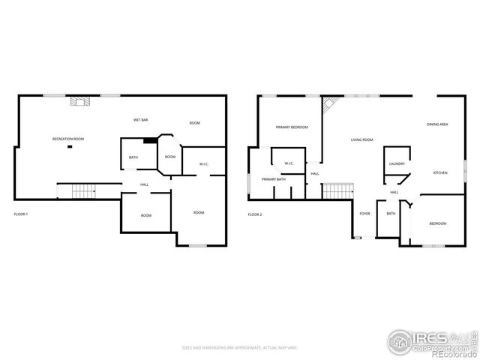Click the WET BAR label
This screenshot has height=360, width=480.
click(139, 120)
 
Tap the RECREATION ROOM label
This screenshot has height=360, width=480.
click(67, 139)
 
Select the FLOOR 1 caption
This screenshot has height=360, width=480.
click(21, 215)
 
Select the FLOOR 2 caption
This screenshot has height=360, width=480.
click(255, 215)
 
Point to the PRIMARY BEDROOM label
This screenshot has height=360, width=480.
click(292, 127)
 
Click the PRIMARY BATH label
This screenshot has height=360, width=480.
click(273, 180)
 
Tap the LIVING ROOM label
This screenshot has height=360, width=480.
click(362, 139)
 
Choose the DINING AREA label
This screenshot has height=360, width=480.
click(437, 124)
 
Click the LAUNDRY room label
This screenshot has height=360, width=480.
click(397, 163)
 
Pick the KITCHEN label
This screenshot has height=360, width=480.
click(440, 173)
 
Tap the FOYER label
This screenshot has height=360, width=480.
click(364, 214)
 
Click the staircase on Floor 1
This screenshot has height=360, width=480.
click(83, 191)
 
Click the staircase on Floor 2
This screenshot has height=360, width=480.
click(337, 191)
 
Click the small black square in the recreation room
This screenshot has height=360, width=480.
click(70, 147)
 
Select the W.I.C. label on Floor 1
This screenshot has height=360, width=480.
click(203, 164)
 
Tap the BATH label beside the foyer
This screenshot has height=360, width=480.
click(391, 214)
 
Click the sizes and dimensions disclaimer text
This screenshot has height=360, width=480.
click(240, 348)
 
